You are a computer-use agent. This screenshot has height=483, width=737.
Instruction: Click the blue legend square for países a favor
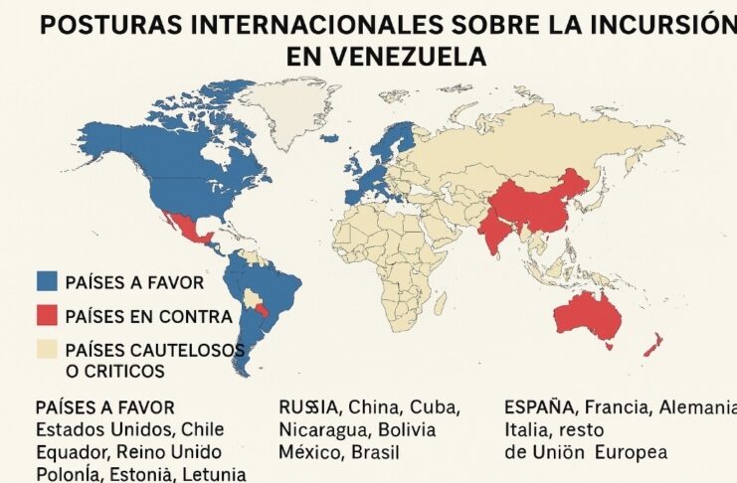pyautogui.click(x=47, y=282)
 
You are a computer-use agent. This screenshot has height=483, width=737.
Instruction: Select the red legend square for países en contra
pyautogui.click(x=47, y=316)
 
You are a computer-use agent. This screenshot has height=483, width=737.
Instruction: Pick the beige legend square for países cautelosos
pyautogui.click(x=47, y=350)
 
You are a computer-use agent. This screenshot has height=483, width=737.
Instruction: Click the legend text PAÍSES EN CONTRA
pyautogui.click(x=148, y=317)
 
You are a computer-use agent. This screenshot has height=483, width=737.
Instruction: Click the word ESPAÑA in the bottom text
pyautogui.click(x=539, y=406)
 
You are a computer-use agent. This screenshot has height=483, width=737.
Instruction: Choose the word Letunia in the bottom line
pyautogui.click(x=212, y=473)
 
